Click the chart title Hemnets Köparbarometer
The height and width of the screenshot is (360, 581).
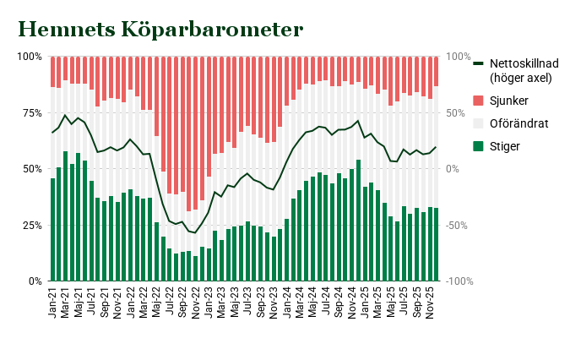pyautogui.click(x=160, y=30)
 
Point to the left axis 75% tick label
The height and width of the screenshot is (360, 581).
pyautogui.click(x=30, y=112)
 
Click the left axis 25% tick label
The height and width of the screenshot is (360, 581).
pyautogui.click(x=30, y=225)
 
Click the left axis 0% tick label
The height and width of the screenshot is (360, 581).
pyautogui.click(x=33, y=281)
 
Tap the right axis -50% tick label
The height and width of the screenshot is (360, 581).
pyautogui.click(x=459, y=225)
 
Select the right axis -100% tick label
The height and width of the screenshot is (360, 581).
pyautogui.click(x=460, y=281)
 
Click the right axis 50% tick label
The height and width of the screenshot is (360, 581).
pyautogui.click(x=457, y=112)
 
